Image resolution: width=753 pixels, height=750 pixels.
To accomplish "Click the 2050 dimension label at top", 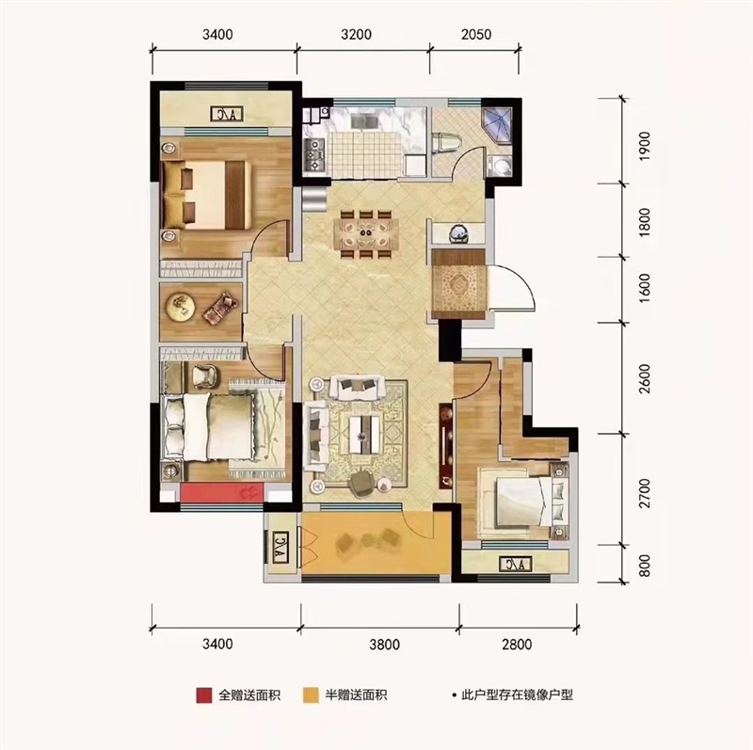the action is [x=476, y=35].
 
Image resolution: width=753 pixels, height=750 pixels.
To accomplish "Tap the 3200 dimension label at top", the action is [x=356, y=35].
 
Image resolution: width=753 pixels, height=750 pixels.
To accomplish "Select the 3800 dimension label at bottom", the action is [x=384, y=644].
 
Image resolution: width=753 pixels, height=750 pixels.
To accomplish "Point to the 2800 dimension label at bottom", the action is [x=517, y=644].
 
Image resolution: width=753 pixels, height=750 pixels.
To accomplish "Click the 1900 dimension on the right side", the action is [x=645, y=146].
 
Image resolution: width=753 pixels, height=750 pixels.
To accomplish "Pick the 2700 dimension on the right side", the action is [x=645, y=493].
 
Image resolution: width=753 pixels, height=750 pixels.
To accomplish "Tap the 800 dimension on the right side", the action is [x=645, y=566].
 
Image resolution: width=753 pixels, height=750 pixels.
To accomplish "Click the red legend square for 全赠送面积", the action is [x=203, y=695].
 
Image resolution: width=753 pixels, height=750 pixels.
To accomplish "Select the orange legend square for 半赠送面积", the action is [x=311, y=695].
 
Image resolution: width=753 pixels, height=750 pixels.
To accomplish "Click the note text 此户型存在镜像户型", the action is [x=517, y=694].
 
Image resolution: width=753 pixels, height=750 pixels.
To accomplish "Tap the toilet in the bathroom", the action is [x=446, y=143].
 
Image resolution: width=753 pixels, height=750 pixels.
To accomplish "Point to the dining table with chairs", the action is [x=366, y=234].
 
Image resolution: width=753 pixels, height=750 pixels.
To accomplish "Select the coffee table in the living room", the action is [x=364, y=435].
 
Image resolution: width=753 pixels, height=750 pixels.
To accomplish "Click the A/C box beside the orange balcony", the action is [x=280, y=547].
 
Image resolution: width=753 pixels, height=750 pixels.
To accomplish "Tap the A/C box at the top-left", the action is [x=227, y=114].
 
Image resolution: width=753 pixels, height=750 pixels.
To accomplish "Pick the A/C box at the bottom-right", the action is [x=515, y=564].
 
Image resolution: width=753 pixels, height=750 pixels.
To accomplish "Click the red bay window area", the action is [x=222, y=493].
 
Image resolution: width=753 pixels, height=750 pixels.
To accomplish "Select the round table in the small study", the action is [x=180, y=306].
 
